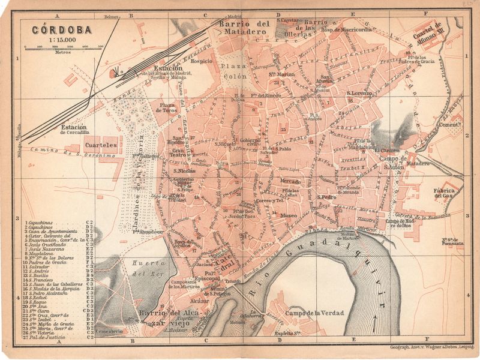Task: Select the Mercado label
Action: click(x=290, y=181)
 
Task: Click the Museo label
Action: click(x=288, y=214)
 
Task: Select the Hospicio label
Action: click(x=202, y=61)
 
